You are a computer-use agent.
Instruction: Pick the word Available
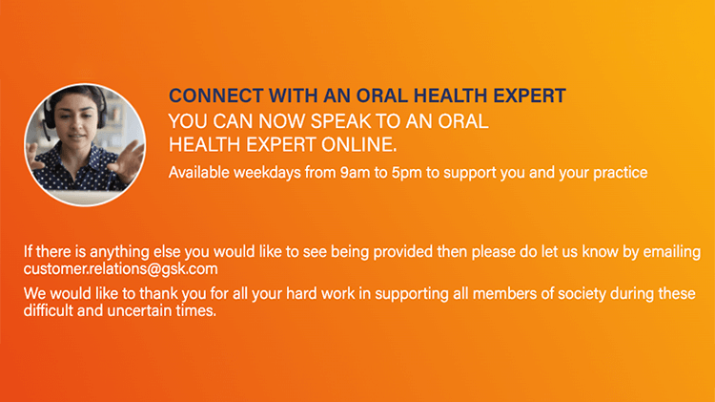point(199,173)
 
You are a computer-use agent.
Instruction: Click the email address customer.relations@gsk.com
point(121,269)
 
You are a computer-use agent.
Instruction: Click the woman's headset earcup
point(50,116)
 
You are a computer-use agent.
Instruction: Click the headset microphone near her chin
point(48,137)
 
